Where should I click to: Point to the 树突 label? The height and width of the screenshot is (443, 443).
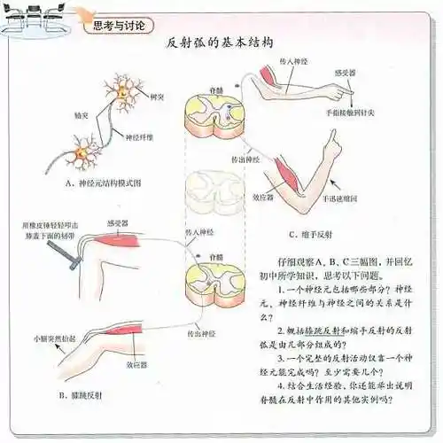pos(159,97)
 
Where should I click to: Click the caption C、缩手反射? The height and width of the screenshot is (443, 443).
pos(310,235)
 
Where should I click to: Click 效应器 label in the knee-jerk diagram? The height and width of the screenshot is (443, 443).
pos(135,363)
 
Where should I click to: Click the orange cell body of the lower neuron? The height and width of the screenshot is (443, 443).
pos(85,156)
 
